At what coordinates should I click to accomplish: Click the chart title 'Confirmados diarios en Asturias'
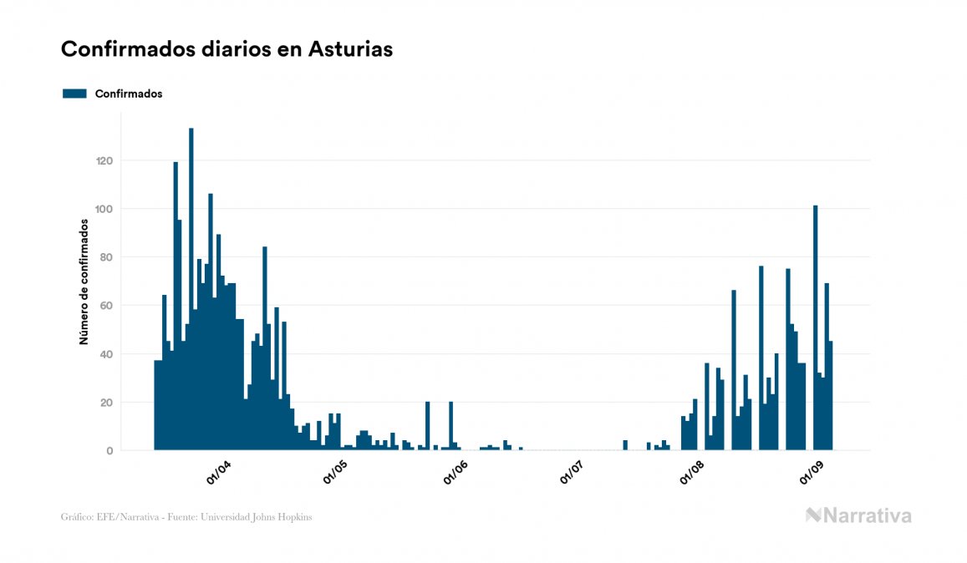226,49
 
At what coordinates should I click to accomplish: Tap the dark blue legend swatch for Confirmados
75,94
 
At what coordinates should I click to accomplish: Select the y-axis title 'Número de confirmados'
84,281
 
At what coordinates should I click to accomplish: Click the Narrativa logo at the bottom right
858,515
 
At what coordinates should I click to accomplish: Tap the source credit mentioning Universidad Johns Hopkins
186,517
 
